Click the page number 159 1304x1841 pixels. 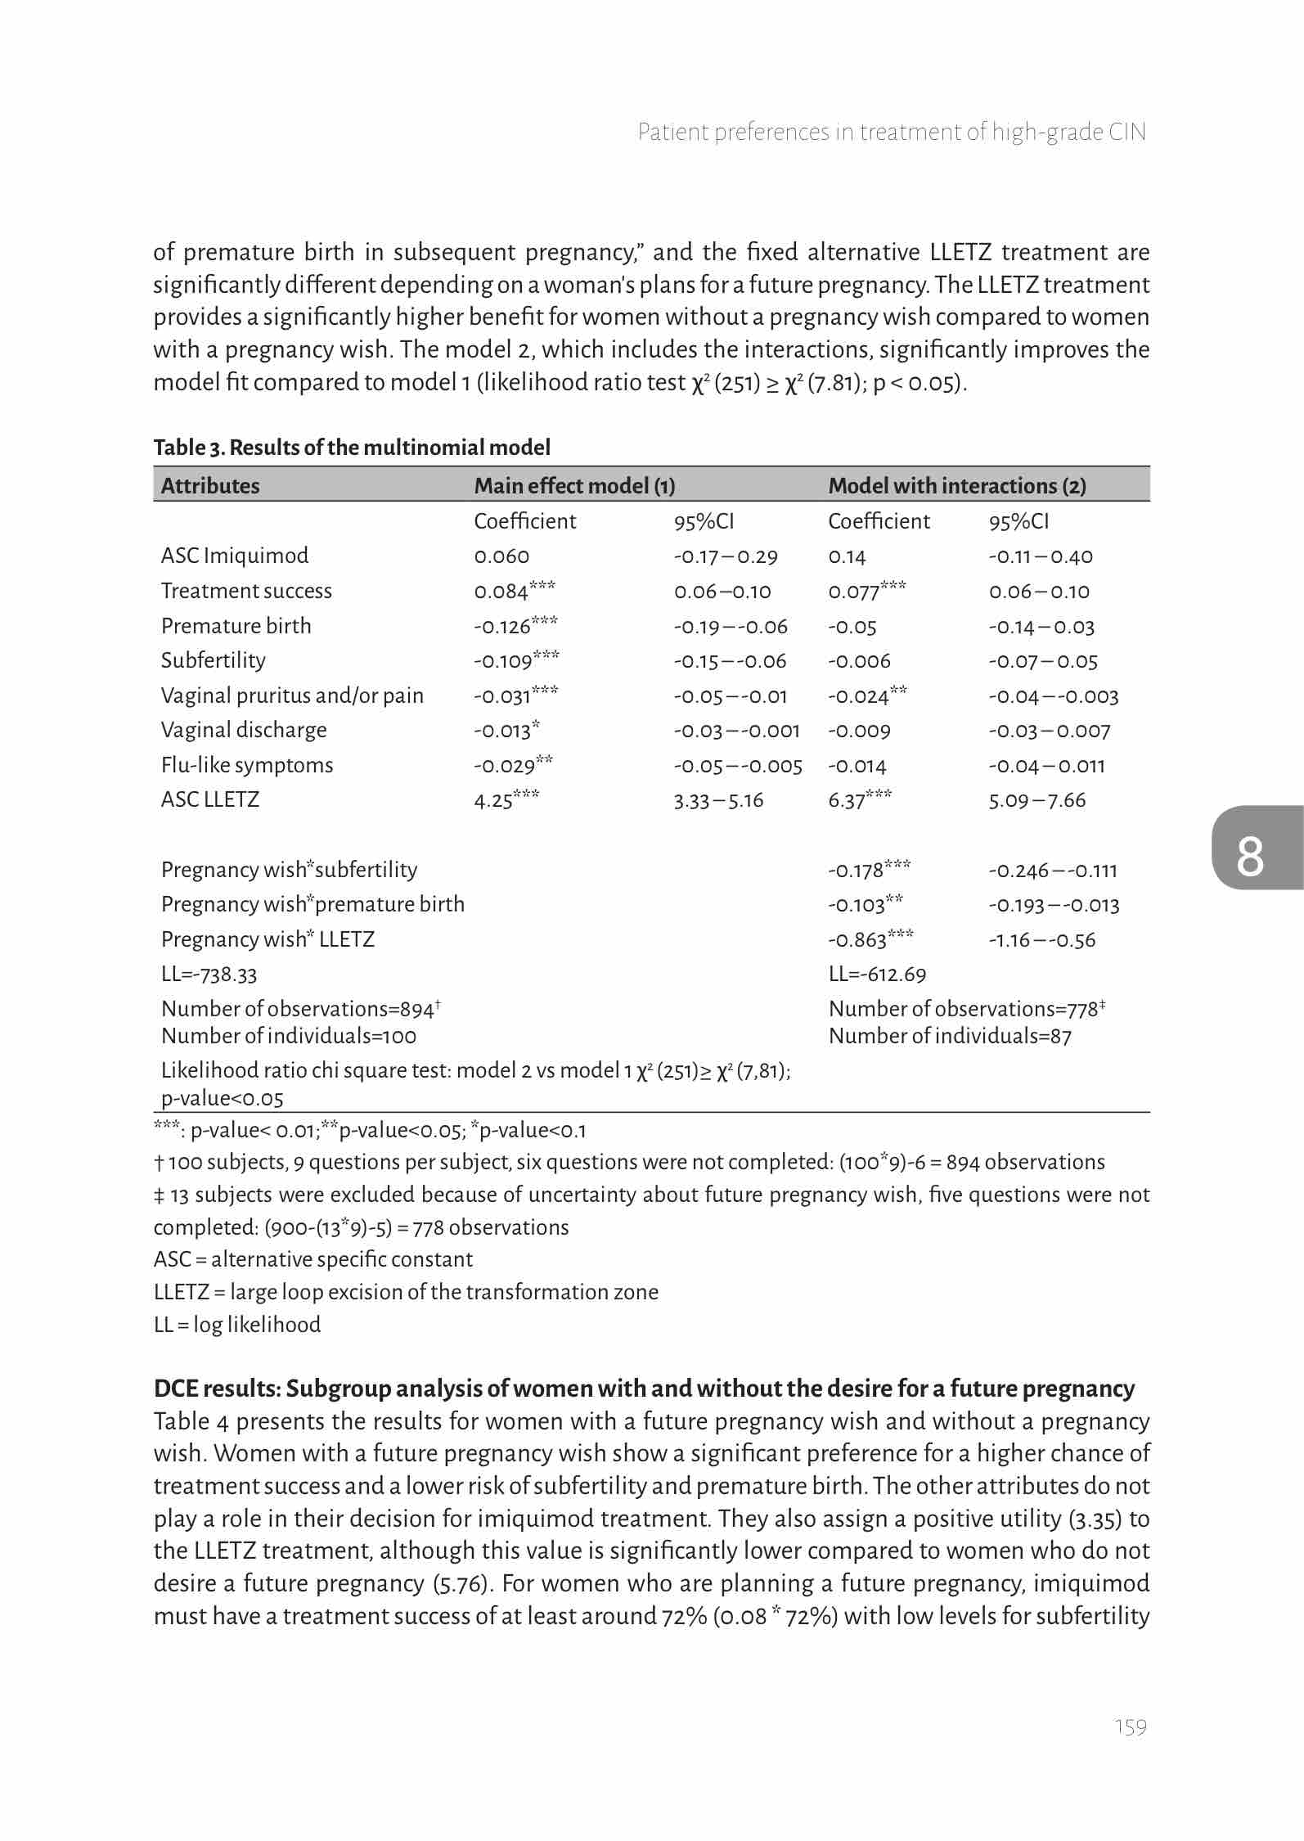pyautogui.click(x=1131, y=1727)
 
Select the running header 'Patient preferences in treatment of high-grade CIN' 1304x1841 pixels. pyautogui.click(x=892, y=133)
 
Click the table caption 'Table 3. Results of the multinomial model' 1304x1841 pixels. pyautogui.click(x=352, y=448)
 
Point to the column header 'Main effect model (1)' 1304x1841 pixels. pyautogui.click(x=574, y=486)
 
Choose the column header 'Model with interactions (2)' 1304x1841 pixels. pyautogui.click(x=957, y=486)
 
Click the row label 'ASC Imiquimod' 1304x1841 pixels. pyautogui.click(x=235, y=556)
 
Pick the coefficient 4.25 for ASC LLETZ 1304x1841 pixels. pyautogui.click(x=494, y=800)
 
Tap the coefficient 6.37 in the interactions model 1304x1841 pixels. pyautogui.click(x=848, y=800)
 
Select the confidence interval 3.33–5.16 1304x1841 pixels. pyautogui.click(x=718, y=800)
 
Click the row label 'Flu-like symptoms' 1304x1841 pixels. pyautogui.click(x=247, y=766)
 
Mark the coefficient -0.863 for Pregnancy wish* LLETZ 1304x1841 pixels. pyautogui.click(x=858, y=940)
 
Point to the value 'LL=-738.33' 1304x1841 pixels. pyautogui.click(x=209, y=975)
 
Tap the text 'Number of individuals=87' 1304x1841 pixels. pyautogui.click(x=950, y=1037)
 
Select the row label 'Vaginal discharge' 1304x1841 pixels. pyautogui.click(x=244, y=731)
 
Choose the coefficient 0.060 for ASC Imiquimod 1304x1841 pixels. pyautogui.click(x=501, y=556)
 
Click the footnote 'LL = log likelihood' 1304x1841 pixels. pyautogui.click(x=237, y=1325)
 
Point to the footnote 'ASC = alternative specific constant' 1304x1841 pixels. pyautogui.click(x=313, y=1259)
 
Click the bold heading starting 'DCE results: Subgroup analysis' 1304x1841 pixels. pyautogui.click(x=644, y=1389)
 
